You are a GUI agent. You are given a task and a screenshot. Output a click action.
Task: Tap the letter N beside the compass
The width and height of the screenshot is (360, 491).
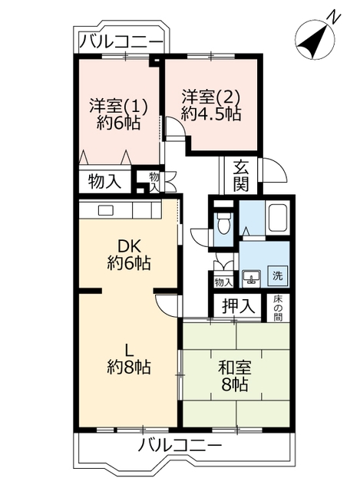pyautogui.click(x=332, y=16)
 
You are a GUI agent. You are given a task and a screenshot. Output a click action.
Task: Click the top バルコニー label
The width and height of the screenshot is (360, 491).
pyautogui.click(x=120, y=41)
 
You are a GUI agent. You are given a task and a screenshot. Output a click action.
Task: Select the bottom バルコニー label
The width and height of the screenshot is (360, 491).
pyautogui.click(x=180, y=446)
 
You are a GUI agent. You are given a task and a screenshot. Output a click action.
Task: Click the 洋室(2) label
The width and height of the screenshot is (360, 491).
pyautogui.click(x=211, y=97)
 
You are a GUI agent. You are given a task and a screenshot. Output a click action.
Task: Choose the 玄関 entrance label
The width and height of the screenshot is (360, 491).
pyautogui.click(x=240, y=175)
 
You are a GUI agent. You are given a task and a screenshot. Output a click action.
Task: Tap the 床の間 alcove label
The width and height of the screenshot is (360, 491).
pyautogui.click(x=278, y=305)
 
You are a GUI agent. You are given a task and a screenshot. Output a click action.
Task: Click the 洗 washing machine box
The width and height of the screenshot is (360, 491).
pyautogui.click(x=277, y=275)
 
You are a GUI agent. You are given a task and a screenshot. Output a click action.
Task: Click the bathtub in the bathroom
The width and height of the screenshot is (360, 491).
pyautogui.click(x=277, y=221)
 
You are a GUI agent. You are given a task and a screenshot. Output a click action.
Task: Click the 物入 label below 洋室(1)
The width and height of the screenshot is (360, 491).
pyautogui.click(x=104, y=182)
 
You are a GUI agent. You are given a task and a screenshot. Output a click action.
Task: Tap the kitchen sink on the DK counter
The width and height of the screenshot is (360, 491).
pyautogui.click(x=105, y=209)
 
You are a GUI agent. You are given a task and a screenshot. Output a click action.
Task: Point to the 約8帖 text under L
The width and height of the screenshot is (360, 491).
pyautogui.click(x=128, y=367)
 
